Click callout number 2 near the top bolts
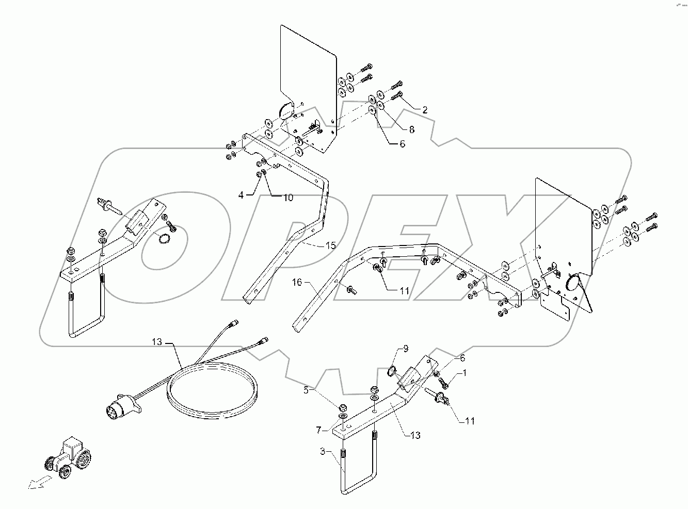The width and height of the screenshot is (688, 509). (x=424, y=110)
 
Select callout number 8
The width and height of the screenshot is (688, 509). (x=411, y=128)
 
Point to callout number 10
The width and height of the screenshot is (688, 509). (x=287, y=198)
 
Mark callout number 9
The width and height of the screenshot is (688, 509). (x=405, y=349)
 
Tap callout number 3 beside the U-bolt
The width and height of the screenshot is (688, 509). (x=323, y=452)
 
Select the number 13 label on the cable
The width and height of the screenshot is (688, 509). (x=157, y=341)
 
